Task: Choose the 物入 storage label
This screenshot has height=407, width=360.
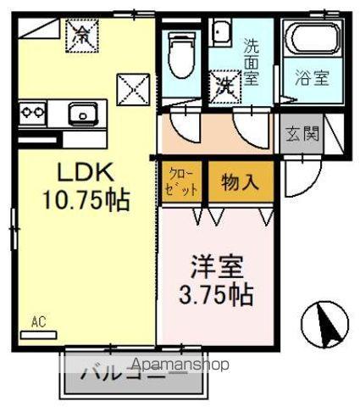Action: pyautogui.click(x=240, y=181)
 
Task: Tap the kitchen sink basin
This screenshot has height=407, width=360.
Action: pyautogui.click(x=82, y=111)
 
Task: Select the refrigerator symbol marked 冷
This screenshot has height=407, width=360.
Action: pyautogui.click(x=82, y=36)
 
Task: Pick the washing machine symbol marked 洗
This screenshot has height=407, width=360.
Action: pyautogui.click(x=225, y=85)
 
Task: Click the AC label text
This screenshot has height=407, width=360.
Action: pyautogui.click(x=38, y=321)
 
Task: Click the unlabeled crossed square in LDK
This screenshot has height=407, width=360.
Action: pyautogui.click(x=132, y=86)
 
